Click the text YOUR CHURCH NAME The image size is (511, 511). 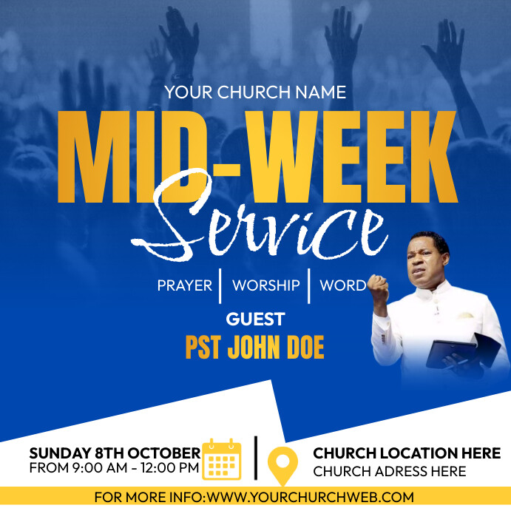[255, 92]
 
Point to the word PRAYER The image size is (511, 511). [184, 285]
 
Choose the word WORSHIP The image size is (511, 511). [265, 285]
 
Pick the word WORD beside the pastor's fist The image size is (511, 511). [342, 285]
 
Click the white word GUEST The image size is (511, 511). [255, 319]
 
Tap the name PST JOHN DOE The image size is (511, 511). [254, 348]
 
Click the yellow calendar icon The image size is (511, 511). [222, 459]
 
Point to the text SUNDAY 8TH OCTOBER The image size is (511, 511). [115, 453]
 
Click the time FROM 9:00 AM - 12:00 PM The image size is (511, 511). [115, 468]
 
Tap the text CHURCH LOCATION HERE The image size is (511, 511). [407, 453]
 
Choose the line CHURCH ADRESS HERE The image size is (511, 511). [390, 471]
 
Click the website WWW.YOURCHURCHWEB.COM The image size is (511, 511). [311, 498]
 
